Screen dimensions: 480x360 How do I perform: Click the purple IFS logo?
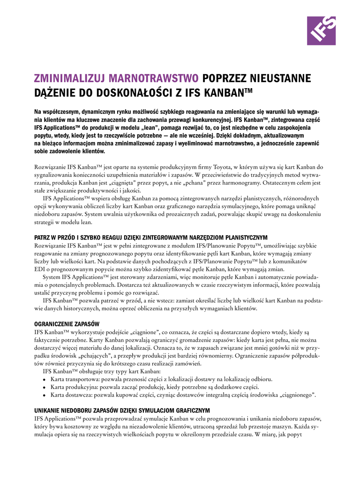(x=321, y=31)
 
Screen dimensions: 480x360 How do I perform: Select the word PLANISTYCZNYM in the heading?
(x=243, y=238)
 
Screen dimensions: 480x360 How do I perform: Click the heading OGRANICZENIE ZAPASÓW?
(x=67, y=324)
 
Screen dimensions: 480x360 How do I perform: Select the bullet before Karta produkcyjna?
(x=44, y=387)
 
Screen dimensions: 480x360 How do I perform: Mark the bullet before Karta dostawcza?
(x=44, y=395)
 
